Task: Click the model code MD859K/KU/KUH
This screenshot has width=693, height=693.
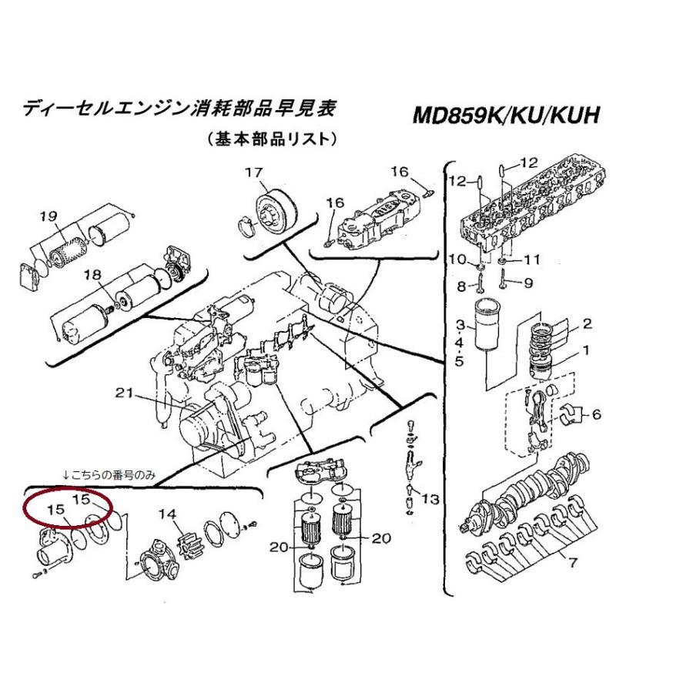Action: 506,115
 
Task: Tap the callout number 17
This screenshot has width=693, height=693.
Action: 254,172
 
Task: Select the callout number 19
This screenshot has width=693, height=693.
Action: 49,216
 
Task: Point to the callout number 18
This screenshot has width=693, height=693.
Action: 93,275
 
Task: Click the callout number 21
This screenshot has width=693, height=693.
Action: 124,393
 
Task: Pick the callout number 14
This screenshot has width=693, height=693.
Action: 168,514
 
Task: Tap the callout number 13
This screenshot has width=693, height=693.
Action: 430,500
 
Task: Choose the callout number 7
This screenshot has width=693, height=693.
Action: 573,563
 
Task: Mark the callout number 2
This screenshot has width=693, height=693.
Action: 587,324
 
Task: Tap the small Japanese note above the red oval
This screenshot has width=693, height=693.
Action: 109,475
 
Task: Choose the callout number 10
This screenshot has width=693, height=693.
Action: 458,259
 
